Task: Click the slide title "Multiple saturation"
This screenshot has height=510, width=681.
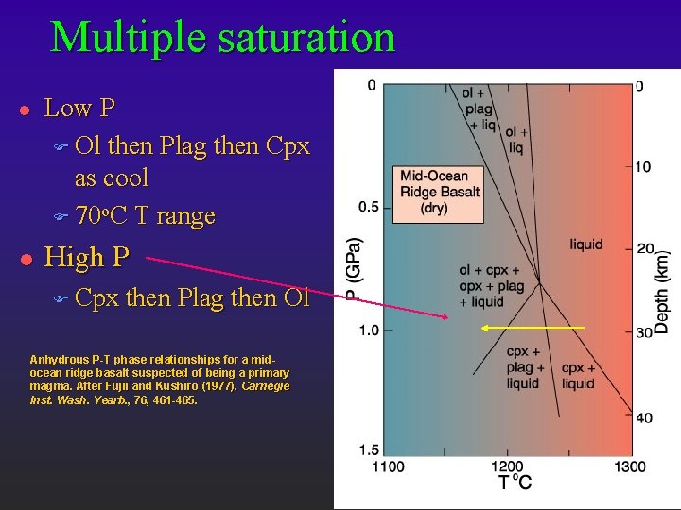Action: click(x=222, y=37)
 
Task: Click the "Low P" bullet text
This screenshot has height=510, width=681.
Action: click(x=80, y=108)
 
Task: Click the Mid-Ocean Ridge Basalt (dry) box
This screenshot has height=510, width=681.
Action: click(x=440, y=192)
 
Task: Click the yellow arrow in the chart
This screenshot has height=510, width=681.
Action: click(x=533, y=328)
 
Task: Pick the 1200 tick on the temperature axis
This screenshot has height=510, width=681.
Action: click(x=507, y=466)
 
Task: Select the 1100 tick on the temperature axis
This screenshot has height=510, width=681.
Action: click(x=388, y=466)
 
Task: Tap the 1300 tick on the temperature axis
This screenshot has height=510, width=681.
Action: click(x=629, y=466)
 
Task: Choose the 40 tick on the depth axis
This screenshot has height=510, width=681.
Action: click(x=643, y=417)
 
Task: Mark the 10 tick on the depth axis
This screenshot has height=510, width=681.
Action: click(x=643, y=167)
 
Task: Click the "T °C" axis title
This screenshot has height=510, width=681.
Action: click(x=515, y=483)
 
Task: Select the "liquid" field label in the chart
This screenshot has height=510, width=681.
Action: click(x=585, y=245)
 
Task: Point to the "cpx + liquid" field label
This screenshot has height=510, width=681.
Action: click(x=578, y=375)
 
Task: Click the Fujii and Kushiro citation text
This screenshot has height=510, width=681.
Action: click(x=160, y=380)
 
